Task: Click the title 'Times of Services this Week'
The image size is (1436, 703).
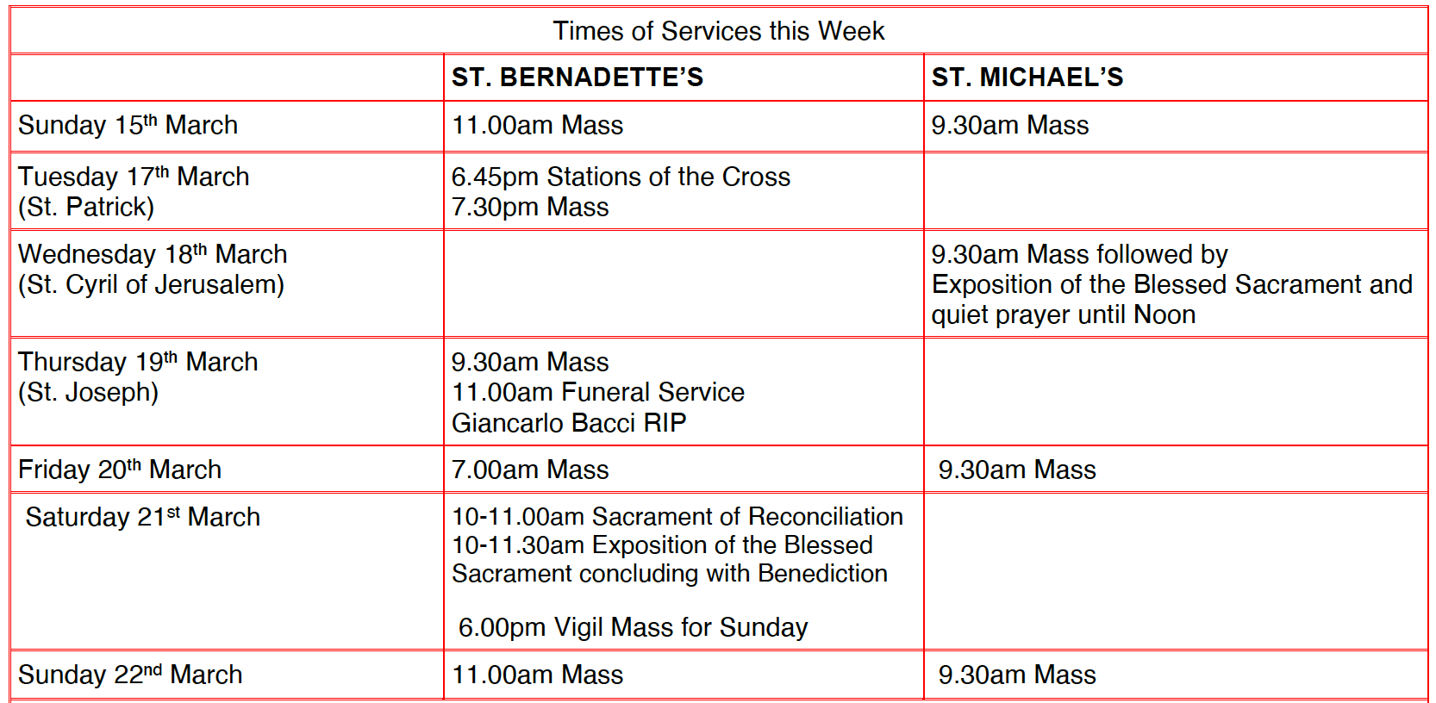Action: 718,31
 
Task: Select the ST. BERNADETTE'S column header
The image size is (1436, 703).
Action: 577,78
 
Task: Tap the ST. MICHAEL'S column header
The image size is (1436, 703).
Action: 1027,78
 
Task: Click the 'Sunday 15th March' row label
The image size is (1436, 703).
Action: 128,124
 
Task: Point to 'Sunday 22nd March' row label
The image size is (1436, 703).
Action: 130,675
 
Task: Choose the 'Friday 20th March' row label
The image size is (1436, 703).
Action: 120,469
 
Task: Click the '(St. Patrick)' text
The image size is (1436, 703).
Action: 86,207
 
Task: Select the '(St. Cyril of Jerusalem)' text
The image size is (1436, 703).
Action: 152,285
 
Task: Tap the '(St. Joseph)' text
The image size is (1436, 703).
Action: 89,392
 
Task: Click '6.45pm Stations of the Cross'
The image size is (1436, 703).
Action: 621,177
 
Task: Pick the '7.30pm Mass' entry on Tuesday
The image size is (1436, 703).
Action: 530,207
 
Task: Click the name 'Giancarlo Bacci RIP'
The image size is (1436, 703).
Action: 569,423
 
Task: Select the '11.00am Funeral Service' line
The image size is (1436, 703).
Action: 598,392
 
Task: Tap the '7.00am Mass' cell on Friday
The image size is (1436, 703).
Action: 530,470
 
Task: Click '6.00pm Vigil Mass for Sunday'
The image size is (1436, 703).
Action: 633,627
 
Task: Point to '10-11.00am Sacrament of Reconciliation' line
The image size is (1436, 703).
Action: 677,517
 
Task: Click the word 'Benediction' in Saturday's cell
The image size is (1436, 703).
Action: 822,574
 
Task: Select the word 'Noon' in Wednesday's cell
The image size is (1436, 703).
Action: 1164,314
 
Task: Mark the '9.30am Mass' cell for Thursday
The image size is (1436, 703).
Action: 530,362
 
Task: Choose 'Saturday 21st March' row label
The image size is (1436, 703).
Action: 142,517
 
